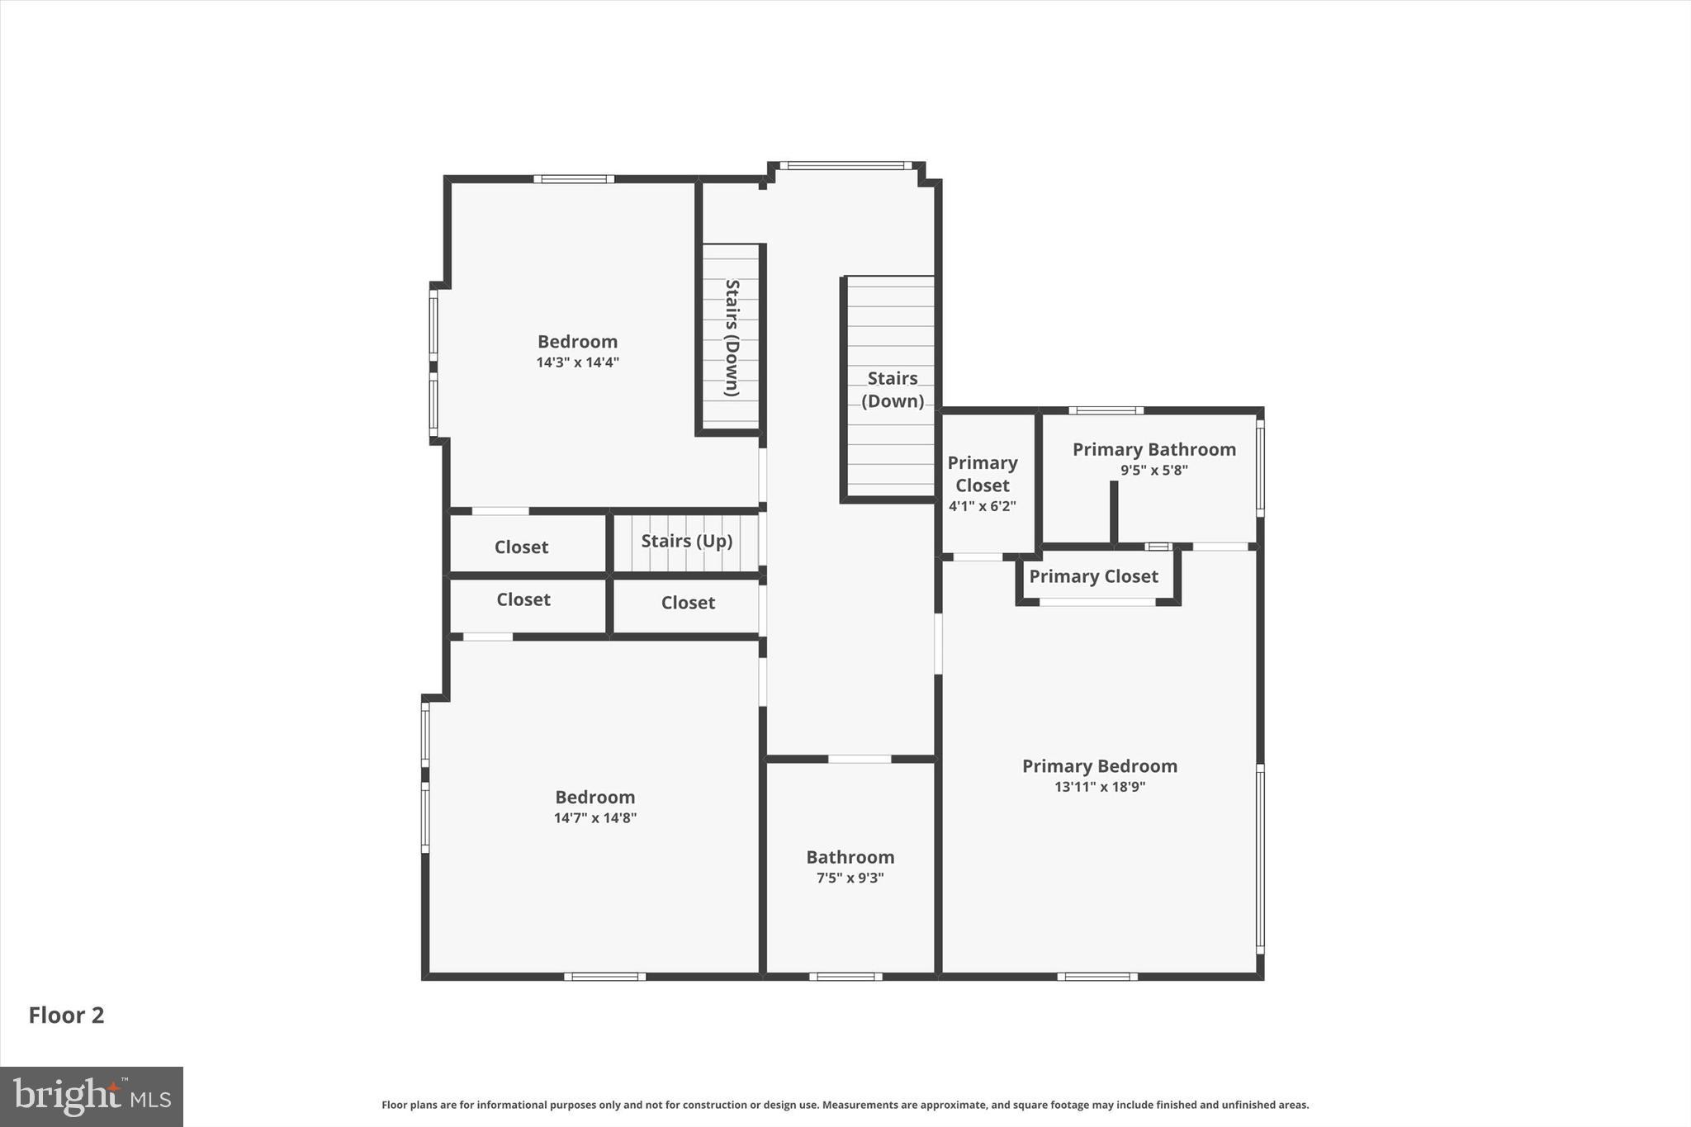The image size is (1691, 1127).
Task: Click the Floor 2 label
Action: tap(66, 1015)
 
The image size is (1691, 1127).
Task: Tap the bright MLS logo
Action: tap(92, 1096)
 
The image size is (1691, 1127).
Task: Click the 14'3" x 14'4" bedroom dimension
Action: tap(577, 362)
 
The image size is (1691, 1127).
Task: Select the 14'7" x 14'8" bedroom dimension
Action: tap(594, 818)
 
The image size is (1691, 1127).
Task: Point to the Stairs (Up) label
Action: tap(686, 541)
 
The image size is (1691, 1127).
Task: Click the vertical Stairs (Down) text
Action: tap(732, 338)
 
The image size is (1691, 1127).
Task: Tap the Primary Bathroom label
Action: tap(1153, 450)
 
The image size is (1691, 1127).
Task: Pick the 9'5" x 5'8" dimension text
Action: tap(1153, 471)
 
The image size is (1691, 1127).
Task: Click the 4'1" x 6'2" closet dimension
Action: tap(982, 506)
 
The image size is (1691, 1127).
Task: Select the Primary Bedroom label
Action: tap(1099, 766)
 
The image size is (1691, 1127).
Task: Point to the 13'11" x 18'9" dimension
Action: tap(1099, 787)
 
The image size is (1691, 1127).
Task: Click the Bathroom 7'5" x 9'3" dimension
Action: tap(850, 878)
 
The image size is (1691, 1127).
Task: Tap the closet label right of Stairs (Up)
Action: tap(688, 603)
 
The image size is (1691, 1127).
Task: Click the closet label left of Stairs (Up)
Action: tap(521, 547)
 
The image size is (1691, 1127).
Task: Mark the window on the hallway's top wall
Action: tap(845, 166)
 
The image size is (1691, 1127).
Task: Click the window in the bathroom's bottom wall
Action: tap(845, 977)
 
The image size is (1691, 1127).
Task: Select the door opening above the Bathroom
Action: tap(859, 759)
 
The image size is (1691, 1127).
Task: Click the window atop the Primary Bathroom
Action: tap(1106, 410)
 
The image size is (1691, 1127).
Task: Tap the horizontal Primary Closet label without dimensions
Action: tap(1093, 576)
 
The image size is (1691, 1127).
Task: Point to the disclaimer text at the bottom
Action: tap(845, 1105)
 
